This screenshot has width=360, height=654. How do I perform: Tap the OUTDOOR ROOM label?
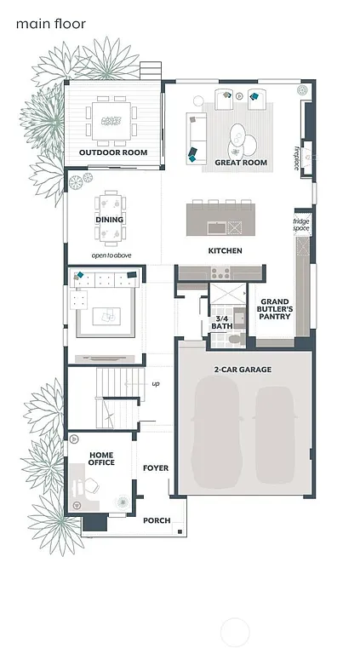[x=113, y=152]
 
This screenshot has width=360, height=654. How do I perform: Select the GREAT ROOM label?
[x=241, y=163]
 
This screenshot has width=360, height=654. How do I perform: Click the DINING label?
[x=109, y=220]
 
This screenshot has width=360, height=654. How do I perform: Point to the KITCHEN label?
[x=226, y=251]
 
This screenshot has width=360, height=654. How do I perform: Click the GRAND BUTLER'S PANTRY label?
[x=275, y=309]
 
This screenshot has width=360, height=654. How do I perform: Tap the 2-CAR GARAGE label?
[x=243, y=368]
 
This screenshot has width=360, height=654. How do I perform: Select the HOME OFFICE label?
[x=100, y=459]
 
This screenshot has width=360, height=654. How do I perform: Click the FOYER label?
[x=156, y=468]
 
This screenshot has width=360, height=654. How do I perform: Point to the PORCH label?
[x=157, y=520]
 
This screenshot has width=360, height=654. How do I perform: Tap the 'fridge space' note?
[x=301, y=225]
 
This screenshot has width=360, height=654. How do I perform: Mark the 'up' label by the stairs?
[x=155, y=384]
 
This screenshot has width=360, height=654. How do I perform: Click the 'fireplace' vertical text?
[x=297, y=158]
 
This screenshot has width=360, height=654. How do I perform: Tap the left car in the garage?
[x=216, y=434]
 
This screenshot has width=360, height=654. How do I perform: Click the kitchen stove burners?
[x=220, y=272]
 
